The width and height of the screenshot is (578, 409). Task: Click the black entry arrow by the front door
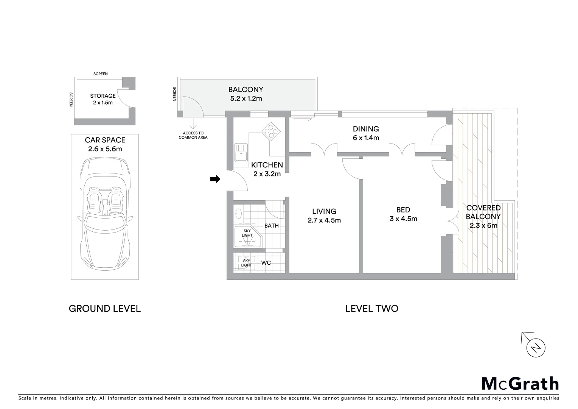click(215, 179)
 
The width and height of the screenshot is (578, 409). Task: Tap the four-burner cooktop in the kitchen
click(271, 131)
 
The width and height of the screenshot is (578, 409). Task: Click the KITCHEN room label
click(267, 165)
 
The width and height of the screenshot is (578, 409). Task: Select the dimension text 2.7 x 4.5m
click(324, 220)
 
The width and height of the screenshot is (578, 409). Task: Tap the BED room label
click(403, 210)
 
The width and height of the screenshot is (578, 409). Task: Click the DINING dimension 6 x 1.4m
click(366, 138)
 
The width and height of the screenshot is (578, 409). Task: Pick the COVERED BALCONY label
click(483, 212)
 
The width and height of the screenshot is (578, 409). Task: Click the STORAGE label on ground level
click(103, 96)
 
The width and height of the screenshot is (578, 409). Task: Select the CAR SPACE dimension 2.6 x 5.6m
click(105, 149)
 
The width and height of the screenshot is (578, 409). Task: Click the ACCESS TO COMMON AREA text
click(193, 135)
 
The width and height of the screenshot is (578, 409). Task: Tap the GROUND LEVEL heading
click(105, 309)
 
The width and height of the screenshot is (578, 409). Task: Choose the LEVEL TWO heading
click(371, 309)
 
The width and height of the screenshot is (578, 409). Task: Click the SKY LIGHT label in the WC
click(246, 263)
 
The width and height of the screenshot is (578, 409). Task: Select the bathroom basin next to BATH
click(238, 214)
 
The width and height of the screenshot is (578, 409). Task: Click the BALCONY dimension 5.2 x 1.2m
click(246, 98)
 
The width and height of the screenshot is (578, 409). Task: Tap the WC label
click(266, 263)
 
